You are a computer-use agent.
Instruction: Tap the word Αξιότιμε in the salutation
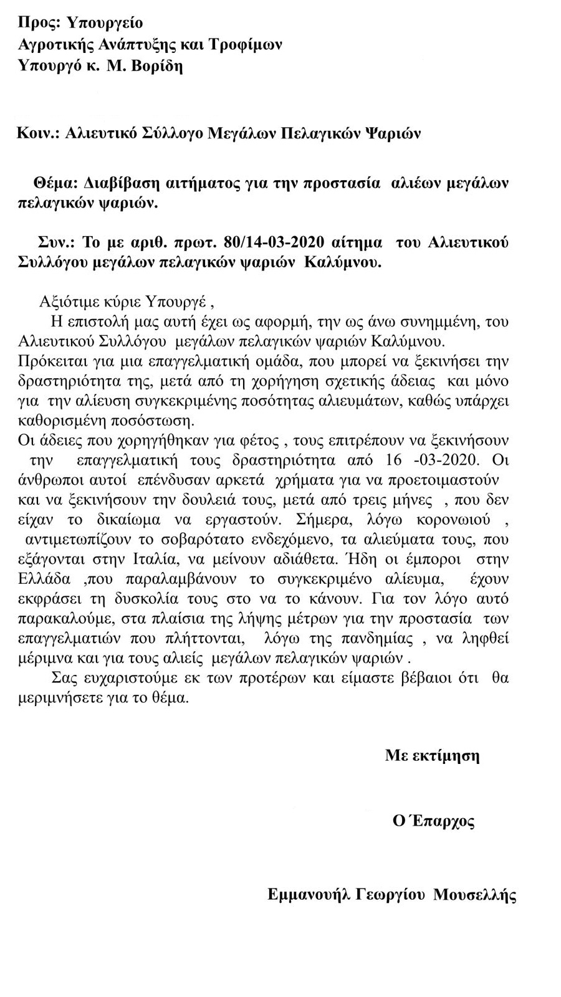(x=67, y=303)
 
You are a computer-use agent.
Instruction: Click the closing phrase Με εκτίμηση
(x=432, y=756)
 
